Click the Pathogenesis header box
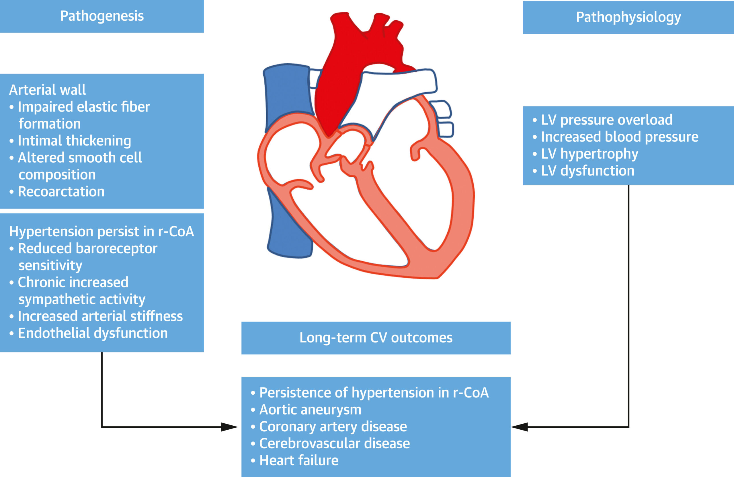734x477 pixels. click(x=102, y=16)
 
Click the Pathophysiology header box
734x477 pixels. click(x=628, y=17)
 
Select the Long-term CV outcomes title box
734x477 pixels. click(x=376, y=338)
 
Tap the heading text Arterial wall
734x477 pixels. click(x=48, y=90)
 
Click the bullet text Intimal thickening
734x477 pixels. click(x=74, y=141)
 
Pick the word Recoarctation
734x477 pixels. click(x=61, y=192)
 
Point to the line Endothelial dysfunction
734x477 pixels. click(x=93, y=333)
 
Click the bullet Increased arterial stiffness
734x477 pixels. click(x=100, y=316)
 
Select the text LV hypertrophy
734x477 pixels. click(x=589, y=154)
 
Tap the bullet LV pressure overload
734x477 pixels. click(x=607, y=120)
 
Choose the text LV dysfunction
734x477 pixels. click(x=587, y=171)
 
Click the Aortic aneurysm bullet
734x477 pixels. click(x=310, y=410)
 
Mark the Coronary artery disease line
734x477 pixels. click(x=333, y=427)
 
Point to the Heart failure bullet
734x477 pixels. click(x=298, y=460)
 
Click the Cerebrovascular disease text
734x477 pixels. click(x=334, y=443)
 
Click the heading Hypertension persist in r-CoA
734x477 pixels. click(x=101, y=231)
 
